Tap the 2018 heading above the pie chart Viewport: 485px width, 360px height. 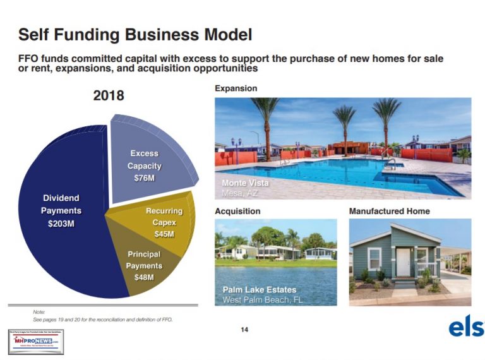pos(108,96)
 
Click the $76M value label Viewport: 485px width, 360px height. pos(145,179)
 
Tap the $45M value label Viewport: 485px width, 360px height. pos(165,234)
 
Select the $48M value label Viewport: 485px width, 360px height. pos(145,277)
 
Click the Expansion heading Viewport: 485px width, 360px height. pos(236,88)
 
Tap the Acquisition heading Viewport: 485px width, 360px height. pos(237,211)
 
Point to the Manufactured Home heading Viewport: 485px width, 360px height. pos(389,211)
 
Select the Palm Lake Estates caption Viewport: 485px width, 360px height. pos(260,290)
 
